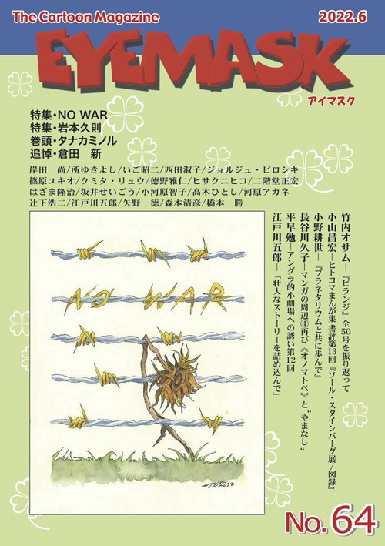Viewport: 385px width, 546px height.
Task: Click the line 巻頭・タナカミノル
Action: click(x=71, y=148)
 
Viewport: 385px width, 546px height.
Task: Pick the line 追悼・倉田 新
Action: click(x=61, y=162)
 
